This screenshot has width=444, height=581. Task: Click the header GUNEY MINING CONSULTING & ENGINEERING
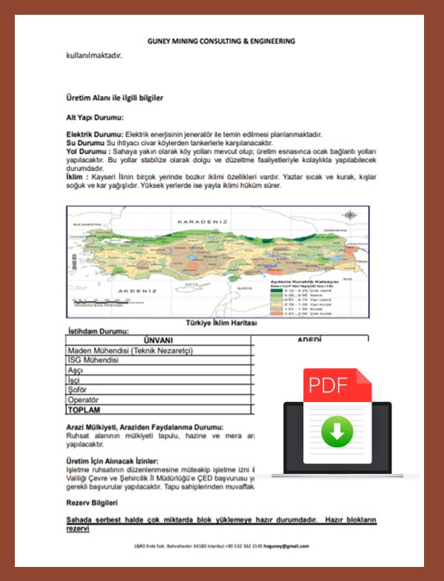[x=221, y=41]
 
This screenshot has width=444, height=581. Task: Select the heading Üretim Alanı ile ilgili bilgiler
[x=115, y=98]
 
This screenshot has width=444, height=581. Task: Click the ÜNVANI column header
[x=158, y=340]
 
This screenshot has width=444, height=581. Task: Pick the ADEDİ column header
[x=309, y=340]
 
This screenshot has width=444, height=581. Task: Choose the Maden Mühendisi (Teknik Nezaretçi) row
[x=130, y=350]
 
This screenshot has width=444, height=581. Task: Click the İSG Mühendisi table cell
[x=92, y=359]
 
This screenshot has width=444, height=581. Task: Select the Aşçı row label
[x=75, y=370]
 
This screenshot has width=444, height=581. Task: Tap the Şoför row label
[x=78, y=390]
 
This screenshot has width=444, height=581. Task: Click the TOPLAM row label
[x=84, y=410]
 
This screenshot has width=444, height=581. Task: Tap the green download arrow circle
[x=337, y=431]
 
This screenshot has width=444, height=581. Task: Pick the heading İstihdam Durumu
[x=103, y=331]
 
